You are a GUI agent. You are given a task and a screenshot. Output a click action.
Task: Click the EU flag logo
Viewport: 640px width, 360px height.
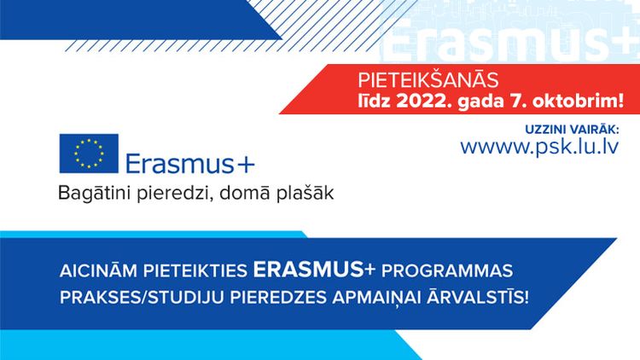pyautogui.click(x=89, y=154)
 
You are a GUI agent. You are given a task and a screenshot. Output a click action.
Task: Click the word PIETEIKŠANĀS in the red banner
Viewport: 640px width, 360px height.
pyautogui.click(x=428, y=80)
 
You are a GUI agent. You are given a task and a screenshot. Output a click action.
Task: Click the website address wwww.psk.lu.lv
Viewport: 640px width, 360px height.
pyautogui.click(x=539, y=147)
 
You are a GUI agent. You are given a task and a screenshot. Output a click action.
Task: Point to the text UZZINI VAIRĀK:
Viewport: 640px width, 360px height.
pyautogui.click(x=572, y=130)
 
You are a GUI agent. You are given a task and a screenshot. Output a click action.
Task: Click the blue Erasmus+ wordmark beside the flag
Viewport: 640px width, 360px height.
pyautogui.click(x=190, y=164)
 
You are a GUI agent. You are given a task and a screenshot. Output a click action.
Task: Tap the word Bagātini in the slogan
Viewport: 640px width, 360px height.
pyautogui.click(x=95, y=194)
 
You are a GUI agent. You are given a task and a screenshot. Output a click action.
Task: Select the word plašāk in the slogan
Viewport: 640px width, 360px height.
pyautogui.click(x=305, y=193)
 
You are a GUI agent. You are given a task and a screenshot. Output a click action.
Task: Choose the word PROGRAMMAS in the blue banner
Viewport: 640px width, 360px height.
pyautogui.click(x=447, y=271)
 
